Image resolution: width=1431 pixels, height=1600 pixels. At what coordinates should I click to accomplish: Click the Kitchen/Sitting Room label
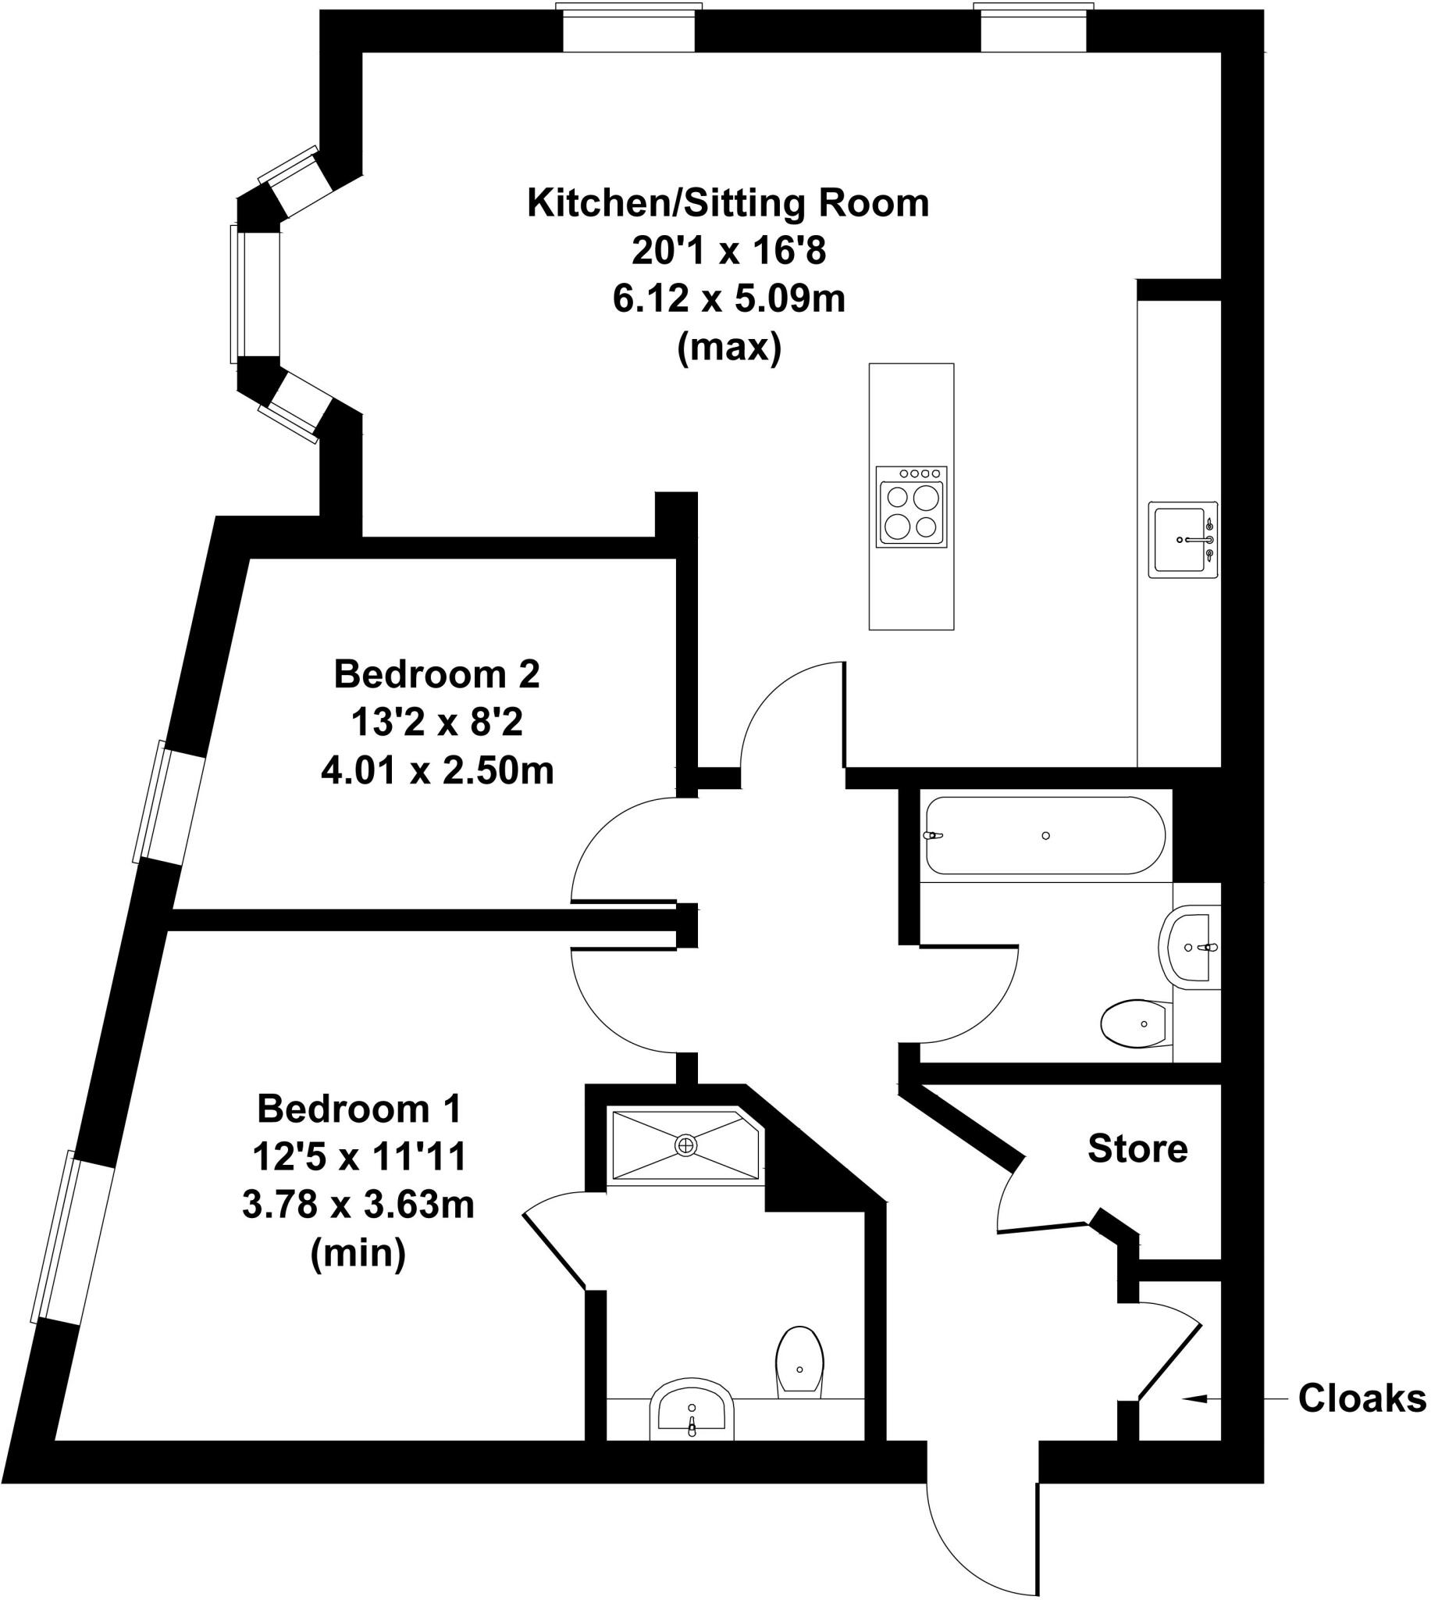pos(728,204)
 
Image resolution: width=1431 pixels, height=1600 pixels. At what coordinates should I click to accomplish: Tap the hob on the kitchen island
pos(912,507)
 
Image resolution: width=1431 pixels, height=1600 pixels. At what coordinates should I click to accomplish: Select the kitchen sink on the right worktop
pos(1182,540)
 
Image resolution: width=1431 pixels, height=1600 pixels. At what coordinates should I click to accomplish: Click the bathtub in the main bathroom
pos(1045,835)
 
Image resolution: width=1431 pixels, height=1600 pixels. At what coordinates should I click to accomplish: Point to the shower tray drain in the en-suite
pos(685,1145)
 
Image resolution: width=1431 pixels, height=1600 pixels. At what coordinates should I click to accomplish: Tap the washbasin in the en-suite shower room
pos(692,1412)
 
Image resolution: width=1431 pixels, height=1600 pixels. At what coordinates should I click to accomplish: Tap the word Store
pos(1137,1149)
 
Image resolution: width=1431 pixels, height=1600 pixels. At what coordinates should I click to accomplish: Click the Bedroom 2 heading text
pos(437,675)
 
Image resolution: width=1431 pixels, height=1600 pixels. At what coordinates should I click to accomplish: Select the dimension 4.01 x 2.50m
pos(437,772)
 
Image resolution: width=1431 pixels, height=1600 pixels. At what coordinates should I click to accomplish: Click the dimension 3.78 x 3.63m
pos(358,1205)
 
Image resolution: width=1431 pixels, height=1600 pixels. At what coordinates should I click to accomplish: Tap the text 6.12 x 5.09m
pos(728,300)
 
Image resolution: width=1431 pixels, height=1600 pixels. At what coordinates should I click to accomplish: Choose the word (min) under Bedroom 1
pos(358,1253)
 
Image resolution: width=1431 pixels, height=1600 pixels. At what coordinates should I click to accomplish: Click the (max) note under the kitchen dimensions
pos(729,347)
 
